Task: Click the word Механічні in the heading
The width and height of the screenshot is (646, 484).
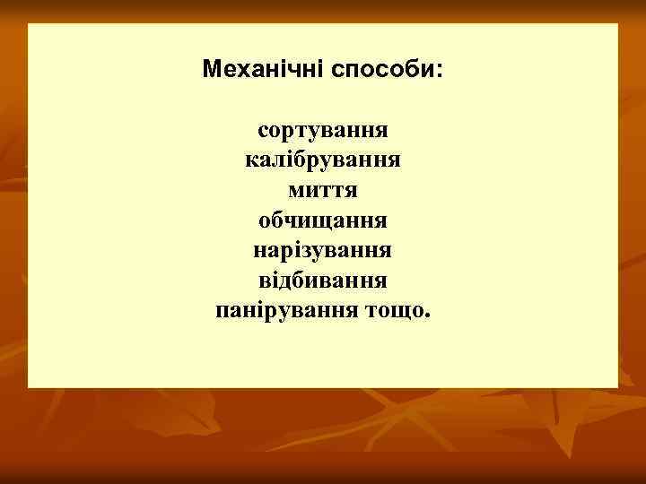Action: [x=263, y=69]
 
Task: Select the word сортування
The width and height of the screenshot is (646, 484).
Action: [x=323, y=131]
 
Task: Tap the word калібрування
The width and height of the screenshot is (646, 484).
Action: [x=323, y=161]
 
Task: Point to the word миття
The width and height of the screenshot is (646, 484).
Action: [x=323, y=191]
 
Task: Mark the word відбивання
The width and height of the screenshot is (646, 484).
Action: [x=323, y=281]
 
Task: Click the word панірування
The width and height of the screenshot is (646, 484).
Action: [x=288, y=312]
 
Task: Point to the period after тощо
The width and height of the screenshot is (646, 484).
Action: [x=428, y=316]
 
